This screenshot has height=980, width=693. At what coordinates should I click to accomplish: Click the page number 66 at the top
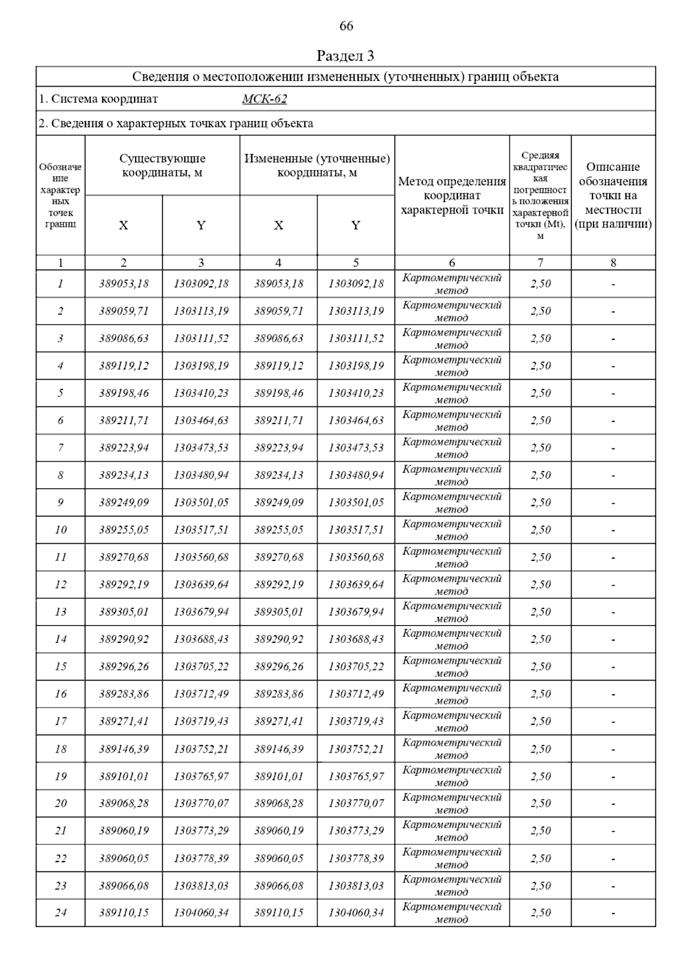346,27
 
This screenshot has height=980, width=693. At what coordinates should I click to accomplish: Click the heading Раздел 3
345,56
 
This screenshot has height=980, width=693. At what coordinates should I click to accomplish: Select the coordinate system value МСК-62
264,99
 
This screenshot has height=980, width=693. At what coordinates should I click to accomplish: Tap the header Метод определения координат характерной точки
452,196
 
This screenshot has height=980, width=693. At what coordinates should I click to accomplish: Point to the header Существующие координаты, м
162,166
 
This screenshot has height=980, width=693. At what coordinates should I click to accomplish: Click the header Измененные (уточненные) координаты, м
317,166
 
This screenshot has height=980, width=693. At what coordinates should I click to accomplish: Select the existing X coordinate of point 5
124,393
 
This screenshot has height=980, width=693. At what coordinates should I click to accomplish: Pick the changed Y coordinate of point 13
356,612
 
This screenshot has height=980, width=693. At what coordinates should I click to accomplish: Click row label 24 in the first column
61,912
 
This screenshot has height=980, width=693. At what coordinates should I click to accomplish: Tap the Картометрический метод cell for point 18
452,749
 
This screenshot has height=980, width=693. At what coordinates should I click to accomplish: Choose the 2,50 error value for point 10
541,530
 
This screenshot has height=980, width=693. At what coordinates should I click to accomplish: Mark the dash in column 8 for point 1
613,284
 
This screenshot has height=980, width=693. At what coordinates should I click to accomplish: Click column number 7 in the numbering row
541,263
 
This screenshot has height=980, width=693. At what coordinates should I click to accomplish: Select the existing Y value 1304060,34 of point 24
201,912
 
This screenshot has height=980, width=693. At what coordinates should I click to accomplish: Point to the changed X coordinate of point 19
278,776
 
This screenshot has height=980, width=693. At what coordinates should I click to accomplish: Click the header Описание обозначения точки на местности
613,196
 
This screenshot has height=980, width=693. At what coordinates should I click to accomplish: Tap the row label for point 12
61,585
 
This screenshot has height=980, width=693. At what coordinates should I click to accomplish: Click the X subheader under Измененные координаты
278,225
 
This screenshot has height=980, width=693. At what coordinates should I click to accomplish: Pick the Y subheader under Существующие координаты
201,225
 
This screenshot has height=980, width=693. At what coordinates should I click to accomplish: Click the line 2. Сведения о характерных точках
176,123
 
